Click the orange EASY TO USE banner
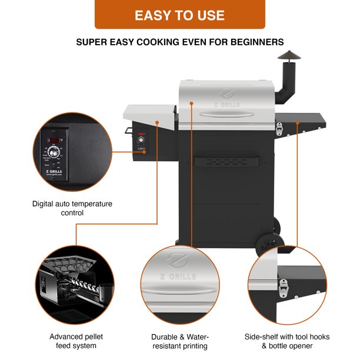click(x=180, y=15)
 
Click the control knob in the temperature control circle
click(x=54, y=152)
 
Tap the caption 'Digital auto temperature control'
click(x=72, y=208)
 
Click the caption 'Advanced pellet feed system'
click(x=72, y=341)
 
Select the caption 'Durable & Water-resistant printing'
click(x=180, y=341)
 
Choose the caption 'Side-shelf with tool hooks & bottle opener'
click(x=287, y=341)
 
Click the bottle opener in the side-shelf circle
click(x=285, y=286)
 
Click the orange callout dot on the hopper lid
click(x=157, y=122)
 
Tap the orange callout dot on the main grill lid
click(x=191, y=104)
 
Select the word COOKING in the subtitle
click(x=170, y=42)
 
